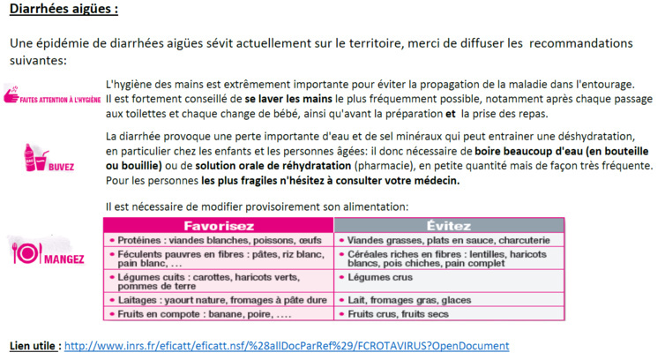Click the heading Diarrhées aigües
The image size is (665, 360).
[63, 11]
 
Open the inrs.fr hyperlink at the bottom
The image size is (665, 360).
[287, 345]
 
